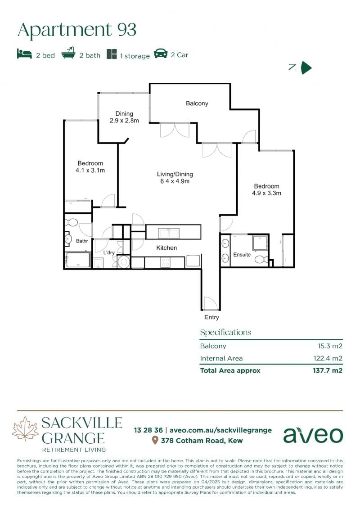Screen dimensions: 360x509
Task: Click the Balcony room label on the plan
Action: click(x=197, y=103)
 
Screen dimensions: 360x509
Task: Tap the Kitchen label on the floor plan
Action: click(x=166, y=248)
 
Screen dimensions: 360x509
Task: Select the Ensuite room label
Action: click(x=242, y=255)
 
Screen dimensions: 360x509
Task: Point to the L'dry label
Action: click(x=109, y=252)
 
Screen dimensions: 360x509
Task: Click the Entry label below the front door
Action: click(x=211, y=317)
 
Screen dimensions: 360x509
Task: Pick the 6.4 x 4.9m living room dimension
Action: click(x=175, y=181)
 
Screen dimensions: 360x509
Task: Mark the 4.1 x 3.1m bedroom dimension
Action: click(x=90, y=170)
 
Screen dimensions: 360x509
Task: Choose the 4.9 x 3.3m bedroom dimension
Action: click(x=266, y=193)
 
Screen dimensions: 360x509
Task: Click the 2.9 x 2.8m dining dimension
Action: click(x=124, y=121)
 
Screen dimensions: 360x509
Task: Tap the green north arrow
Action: click(x=306, y=68)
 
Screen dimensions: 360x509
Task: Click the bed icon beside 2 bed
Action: click(x=24, y=54)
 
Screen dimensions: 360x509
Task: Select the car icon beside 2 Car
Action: click(x=161, y=54)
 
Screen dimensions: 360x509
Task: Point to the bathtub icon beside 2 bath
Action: click(x=68, y=53)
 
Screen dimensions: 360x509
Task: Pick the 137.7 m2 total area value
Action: click(x=328, y=370)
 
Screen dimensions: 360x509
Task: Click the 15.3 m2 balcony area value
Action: click(x=330, y=346)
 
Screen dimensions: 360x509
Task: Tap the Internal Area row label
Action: click(x=221, y=358)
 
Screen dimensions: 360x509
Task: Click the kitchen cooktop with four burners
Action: click(x=165, y=262)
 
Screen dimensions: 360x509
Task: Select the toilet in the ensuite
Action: click(x=261, y=259)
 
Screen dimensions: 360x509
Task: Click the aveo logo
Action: click(x=313, y=435)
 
